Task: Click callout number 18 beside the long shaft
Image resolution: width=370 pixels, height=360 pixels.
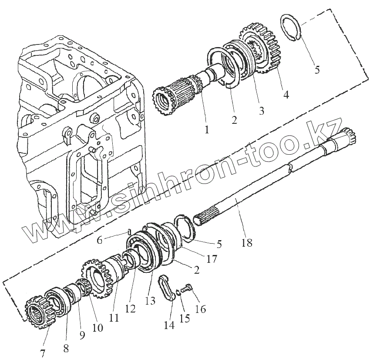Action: (x=246, y=243)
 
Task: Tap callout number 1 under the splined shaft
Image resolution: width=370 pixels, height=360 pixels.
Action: (x=207, y=129)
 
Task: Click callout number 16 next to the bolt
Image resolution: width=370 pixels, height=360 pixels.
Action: (x=201, y=309)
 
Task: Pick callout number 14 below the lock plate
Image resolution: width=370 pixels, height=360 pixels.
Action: (x=169, y=325)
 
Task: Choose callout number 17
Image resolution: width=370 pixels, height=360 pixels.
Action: (x=212, y=259)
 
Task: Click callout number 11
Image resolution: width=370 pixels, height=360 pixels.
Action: (x=114, y=318)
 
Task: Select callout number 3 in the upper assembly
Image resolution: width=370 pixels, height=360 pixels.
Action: (x=261, y=110)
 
